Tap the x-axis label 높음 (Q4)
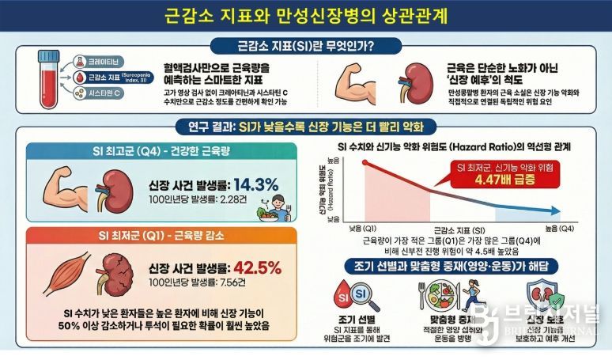[560, 228]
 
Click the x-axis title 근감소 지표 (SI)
[462, 228]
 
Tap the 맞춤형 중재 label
[458, 319]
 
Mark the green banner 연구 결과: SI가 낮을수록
[306, 127]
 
